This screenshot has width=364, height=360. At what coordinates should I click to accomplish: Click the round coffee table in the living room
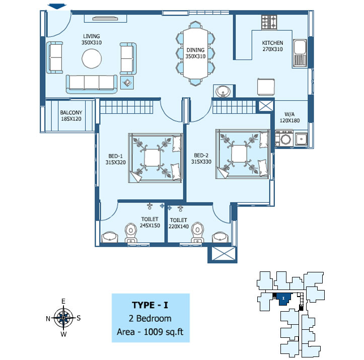tap(92, 58)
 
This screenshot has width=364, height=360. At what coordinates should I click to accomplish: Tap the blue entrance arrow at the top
tap(57, 7)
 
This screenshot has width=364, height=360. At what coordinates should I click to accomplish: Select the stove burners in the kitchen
tap(269, 22)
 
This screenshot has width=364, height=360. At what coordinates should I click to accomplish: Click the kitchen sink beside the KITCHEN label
tap(300, 53)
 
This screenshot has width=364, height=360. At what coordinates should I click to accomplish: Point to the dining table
tap(195, 53)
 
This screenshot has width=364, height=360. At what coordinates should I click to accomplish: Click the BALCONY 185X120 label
tap(71, 116)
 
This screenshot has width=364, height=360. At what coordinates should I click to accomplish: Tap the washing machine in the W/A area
tap(284, 139)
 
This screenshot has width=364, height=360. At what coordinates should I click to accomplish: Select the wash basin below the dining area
tap(223, 91)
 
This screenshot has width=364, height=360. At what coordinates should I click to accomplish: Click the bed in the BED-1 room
tap(155, 158)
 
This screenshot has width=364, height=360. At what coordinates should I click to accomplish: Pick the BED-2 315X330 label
tap(201, 159)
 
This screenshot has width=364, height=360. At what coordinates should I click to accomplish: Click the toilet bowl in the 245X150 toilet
tap(131, 233)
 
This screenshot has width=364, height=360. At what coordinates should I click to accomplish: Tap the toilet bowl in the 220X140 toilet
tap(197, 233)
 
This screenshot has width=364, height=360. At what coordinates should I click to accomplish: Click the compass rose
tap(63, 318)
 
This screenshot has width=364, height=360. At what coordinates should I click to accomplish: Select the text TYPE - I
tap(150, 305)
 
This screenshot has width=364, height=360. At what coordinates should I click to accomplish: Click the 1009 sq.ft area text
tap(164, 332)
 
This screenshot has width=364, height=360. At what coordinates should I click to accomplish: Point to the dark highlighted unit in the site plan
tap(283, 299)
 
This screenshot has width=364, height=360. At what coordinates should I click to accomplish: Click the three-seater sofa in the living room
tap(92, 84)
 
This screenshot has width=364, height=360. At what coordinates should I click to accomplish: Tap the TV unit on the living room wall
tap(105, 19)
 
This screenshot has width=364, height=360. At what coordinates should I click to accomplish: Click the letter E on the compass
tap(63, 301)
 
